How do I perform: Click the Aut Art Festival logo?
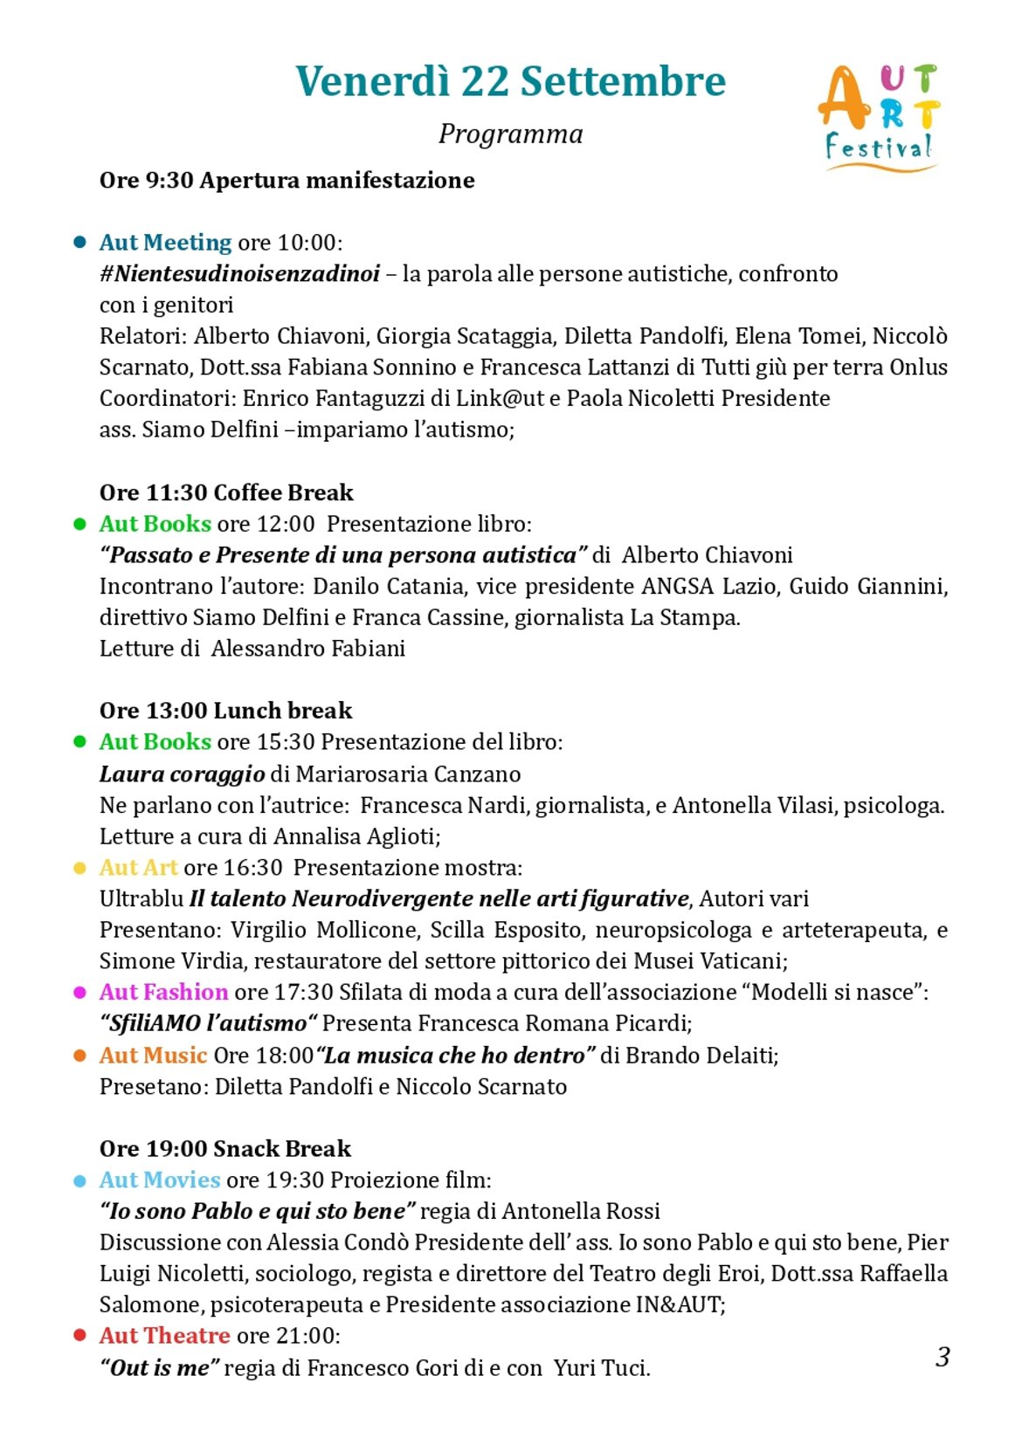tap(879, 116)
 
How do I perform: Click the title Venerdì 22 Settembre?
tap(510, 81)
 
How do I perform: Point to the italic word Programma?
tap(510, 134)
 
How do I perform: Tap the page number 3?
tap(943, 1356)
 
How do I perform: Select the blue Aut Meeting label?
tap(165, 242)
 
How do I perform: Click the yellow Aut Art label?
tap(138, 867)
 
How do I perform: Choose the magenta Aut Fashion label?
tap(163, 992)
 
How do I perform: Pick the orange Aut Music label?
tap(153, 1055)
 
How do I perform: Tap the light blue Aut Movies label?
tap(159, 1180)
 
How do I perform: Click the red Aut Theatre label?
tap(164, 1335)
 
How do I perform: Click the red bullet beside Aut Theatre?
tap(80, 1335)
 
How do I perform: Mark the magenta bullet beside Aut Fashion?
tap(80, 993)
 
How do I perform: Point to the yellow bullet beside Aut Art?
tap(80, 868)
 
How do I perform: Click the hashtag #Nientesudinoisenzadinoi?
tap(239, 274)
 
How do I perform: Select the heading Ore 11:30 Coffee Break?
tap(226, 492)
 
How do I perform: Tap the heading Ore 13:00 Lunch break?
tap(225, 711)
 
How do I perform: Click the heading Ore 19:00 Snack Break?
tap(224, 1148)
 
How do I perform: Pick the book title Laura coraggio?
tap(182, 774)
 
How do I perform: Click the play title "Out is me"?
tap(158, 1367)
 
